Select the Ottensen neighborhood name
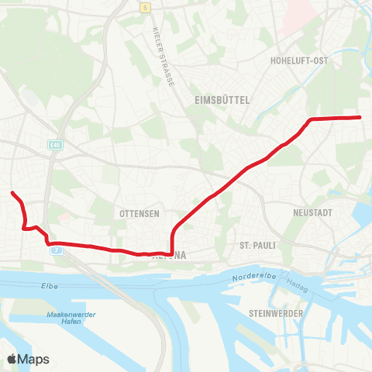(x=139, y=213)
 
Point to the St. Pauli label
(x=257, y=245)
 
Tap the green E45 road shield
(x=54, y=145)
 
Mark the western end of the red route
(x=12, y=192)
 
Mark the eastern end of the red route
(x=361, y=117)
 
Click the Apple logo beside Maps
(x=12, y=359)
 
